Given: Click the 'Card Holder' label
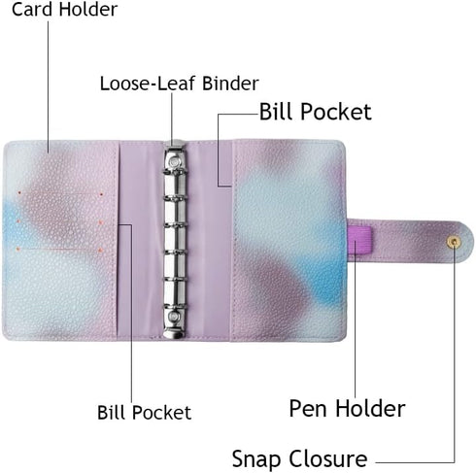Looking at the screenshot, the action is [64, 9].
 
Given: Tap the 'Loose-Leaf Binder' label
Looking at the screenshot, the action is [179, 84].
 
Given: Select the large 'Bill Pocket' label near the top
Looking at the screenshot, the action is [315, 112].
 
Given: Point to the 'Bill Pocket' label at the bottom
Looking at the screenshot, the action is [144, 412].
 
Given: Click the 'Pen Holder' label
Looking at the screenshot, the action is [347, 408].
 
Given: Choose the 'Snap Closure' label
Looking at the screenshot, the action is [299, 458].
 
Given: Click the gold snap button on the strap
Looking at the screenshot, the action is [454, 242].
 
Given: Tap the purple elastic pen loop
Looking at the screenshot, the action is [359, 240].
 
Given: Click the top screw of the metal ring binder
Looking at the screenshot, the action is [175, 161].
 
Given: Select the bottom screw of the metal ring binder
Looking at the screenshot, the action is [175, 316].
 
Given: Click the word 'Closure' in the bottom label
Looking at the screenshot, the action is [327, 458].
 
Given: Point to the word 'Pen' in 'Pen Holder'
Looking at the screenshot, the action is [308, 408].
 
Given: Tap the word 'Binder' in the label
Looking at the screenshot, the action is [230, 84].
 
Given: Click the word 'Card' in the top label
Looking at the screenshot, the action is [32, 9].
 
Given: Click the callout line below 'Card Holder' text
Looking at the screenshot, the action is [49, 86].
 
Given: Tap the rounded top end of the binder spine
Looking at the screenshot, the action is [175, 144].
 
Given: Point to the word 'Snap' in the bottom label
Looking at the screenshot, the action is [256, 458].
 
